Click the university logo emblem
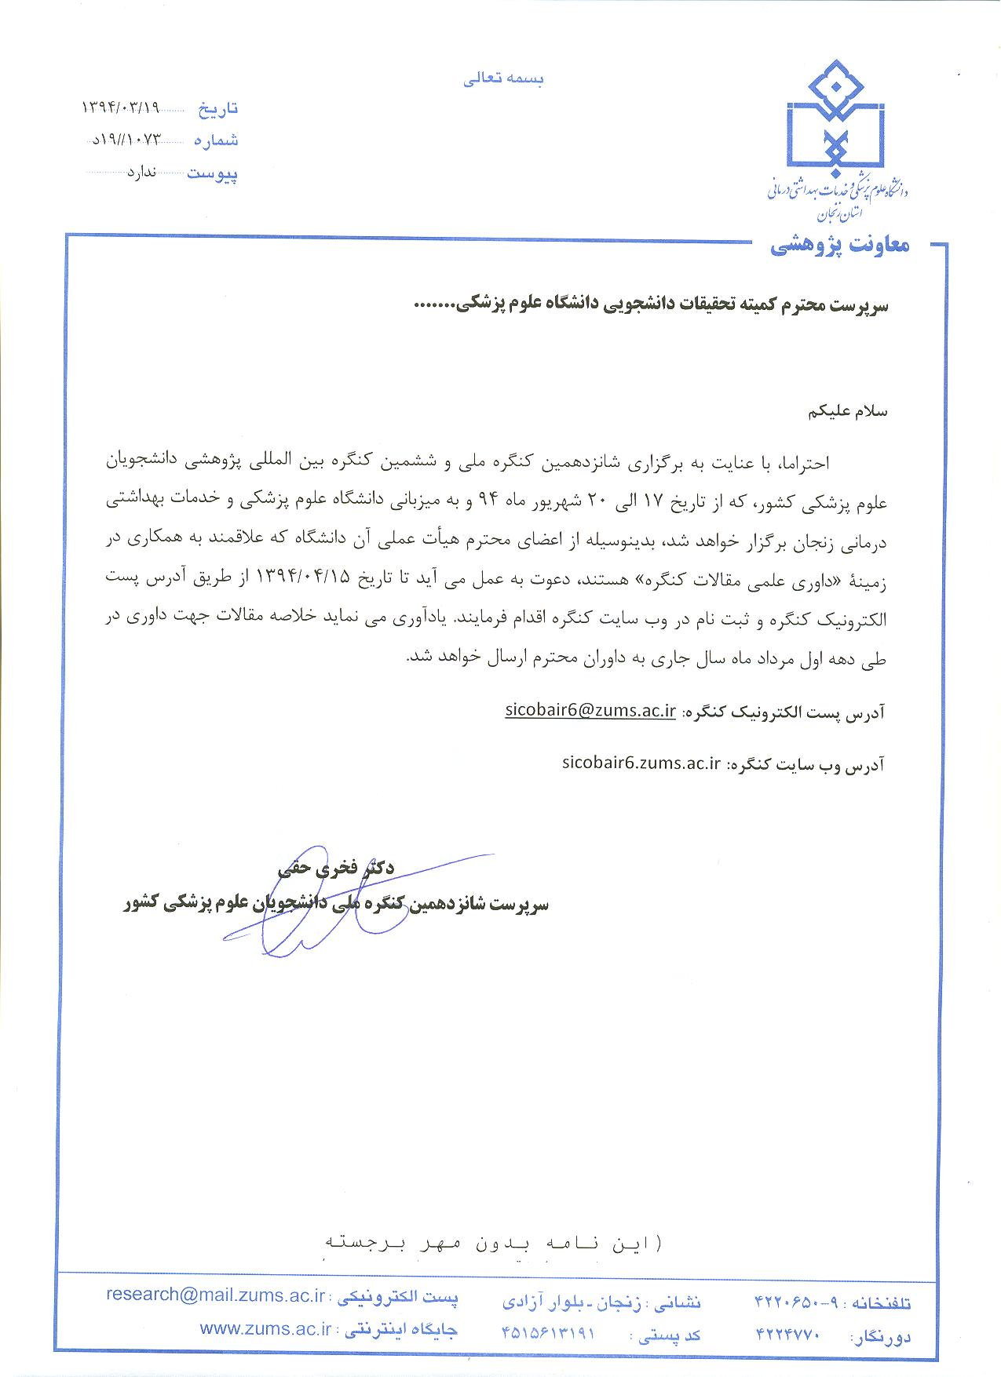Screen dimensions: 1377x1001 point(837,118)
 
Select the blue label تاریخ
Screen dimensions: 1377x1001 point(216,108)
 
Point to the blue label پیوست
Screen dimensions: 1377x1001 point(212,173)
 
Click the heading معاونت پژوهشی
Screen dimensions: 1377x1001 point(839,246)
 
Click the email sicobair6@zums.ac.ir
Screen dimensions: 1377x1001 point(590,711)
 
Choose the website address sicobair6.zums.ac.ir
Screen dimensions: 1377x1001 point(641,762)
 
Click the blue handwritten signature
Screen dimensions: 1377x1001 point(314,902)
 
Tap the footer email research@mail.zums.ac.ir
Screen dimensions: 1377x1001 point(215,1295)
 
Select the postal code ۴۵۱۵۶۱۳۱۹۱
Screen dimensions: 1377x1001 point(547,1332)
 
